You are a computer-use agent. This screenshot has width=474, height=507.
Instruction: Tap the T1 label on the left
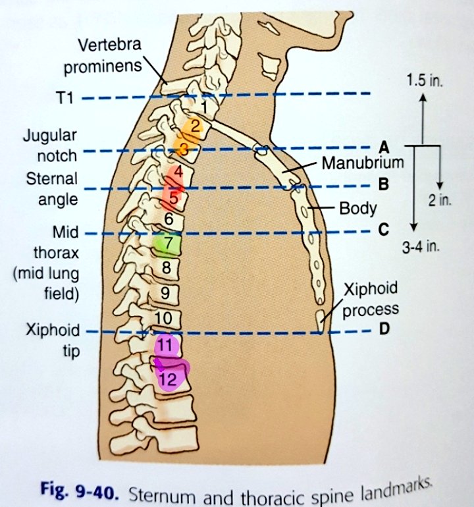point(66,99)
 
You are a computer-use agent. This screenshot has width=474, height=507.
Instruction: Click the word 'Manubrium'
point(362,163)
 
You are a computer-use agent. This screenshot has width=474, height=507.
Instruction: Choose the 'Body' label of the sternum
point(357,209)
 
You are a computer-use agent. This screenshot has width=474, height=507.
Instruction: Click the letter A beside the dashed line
point(383,147)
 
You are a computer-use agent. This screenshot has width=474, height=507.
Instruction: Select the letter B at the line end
point(384,184)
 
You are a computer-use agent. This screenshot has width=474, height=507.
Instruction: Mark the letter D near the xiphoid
point(384,329)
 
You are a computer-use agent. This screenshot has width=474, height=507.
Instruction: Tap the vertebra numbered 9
point(165,293)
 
